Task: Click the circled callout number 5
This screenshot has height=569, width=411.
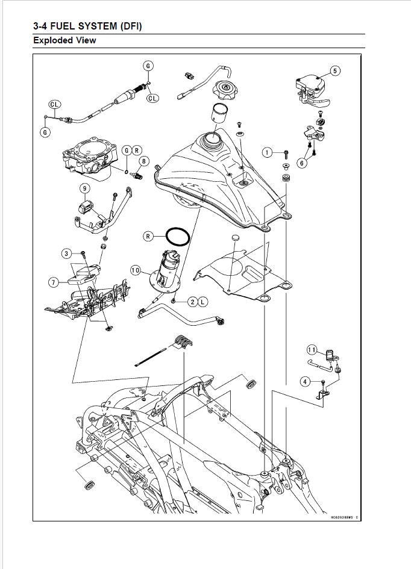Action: (x=335, y=70)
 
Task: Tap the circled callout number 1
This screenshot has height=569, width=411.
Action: (x=267, y=153)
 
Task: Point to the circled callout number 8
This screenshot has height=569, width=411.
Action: (x=143, y=161)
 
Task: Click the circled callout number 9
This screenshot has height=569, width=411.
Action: (x=85, y=188)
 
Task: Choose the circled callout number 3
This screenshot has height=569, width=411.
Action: (x=67, y=253)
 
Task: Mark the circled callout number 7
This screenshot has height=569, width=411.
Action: (x=54, y=281)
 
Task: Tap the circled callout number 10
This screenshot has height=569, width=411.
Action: (x=136, y=271)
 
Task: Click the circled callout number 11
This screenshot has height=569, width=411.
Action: (x=312, y=349)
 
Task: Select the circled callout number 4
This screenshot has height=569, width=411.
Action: (x=306, y=381)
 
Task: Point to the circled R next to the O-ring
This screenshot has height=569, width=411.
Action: (x=148, y=236)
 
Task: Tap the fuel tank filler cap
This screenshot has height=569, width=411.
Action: (x=227, y=92)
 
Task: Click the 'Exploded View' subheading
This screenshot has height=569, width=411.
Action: (x=64, y=41)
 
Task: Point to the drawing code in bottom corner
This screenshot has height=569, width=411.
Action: (x=344, y=516)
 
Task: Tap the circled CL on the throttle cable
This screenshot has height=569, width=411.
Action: (x=152, y=98)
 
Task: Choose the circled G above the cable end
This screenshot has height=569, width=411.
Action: (x=148, y=66)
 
